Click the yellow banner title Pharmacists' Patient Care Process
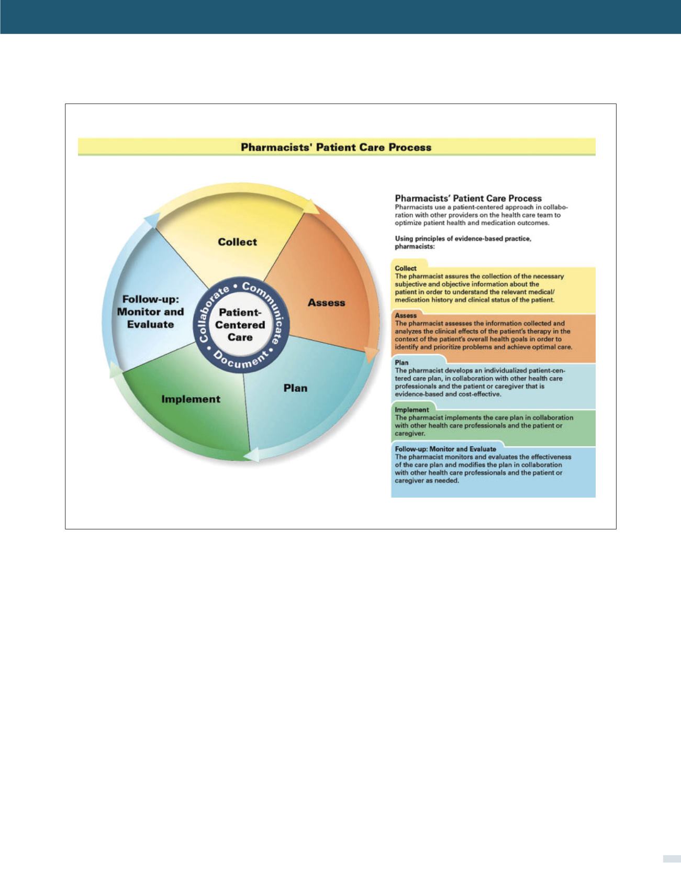336,147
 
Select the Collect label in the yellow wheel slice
237,242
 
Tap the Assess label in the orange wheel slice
326,303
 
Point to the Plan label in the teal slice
295,388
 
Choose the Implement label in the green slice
191,399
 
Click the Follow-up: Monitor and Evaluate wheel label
150,312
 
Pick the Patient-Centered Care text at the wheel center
240,325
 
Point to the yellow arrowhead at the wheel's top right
312,206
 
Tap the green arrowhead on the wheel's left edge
113,370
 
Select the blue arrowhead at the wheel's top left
151,219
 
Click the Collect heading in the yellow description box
406,268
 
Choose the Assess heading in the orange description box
406,315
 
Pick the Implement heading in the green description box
411,410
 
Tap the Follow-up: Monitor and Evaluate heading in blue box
445,449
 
